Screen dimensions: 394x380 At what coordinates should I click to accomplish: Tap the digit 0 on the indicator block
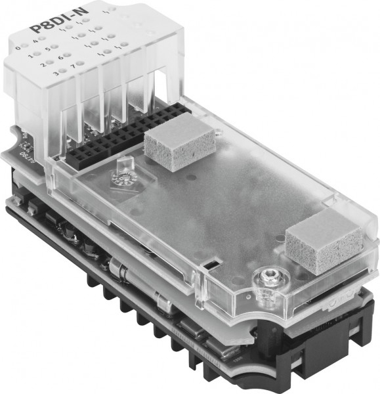(18, 47)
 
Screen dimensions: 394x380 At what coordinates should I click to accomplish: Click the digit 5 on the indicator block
(48, 49)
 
